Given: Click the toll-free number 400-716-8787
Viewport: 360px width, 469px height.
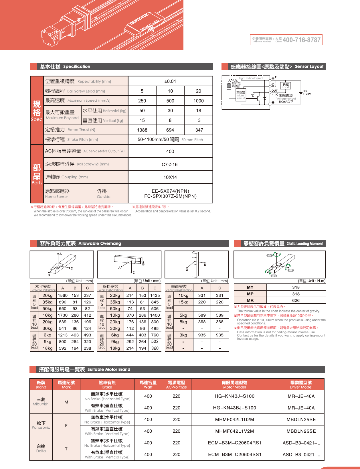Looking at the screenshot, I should tap(301, 40).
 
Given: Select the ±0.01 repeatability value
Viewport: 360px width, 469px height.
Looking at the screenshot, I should tap(170, 81).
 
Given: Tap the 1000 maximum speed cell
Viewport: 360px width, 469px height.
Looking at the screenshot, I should tap(199, 101).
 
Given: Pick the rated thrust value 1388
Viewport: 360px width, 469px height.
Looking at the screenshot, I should tap(142, 130).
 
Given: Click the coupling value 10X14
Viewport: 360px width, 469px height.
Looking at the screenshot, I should tap(170, 177).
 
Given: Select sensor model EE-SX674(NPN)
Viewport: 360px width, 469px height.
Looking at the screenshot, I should tap(170, 191).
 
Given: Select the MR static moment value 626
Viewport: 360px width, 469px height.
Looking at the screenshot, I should tap(296, 300).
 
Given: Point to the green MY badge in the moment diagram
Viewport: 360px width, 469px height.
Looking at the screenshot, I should tap(270, 255).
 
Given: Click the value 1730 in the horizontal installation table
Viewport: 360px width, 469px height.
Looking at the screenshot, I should tap(63, 315).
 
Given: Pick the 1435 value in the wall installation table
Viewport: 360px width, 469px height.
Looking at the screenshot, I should tap(155, 295).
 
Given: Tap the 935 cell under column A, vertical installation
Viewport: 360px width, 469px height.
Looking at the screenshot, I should tap(202, 335).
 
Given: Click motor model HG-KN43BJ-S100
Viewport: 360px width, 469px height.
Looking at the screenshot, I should tap(235, 408).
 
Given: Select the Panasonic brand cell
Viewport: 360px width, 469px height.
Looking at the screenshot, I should tap(41, 425).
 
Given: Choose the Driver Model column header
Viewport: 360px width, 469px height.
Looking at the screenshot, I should tap(301, 385).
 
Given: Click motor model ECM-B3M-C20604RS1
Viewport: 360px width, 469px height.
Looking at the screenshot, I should tap(235, 443).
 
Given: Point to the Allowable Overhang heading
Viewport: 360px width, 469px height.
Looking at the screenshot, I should tap(80, 243).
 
